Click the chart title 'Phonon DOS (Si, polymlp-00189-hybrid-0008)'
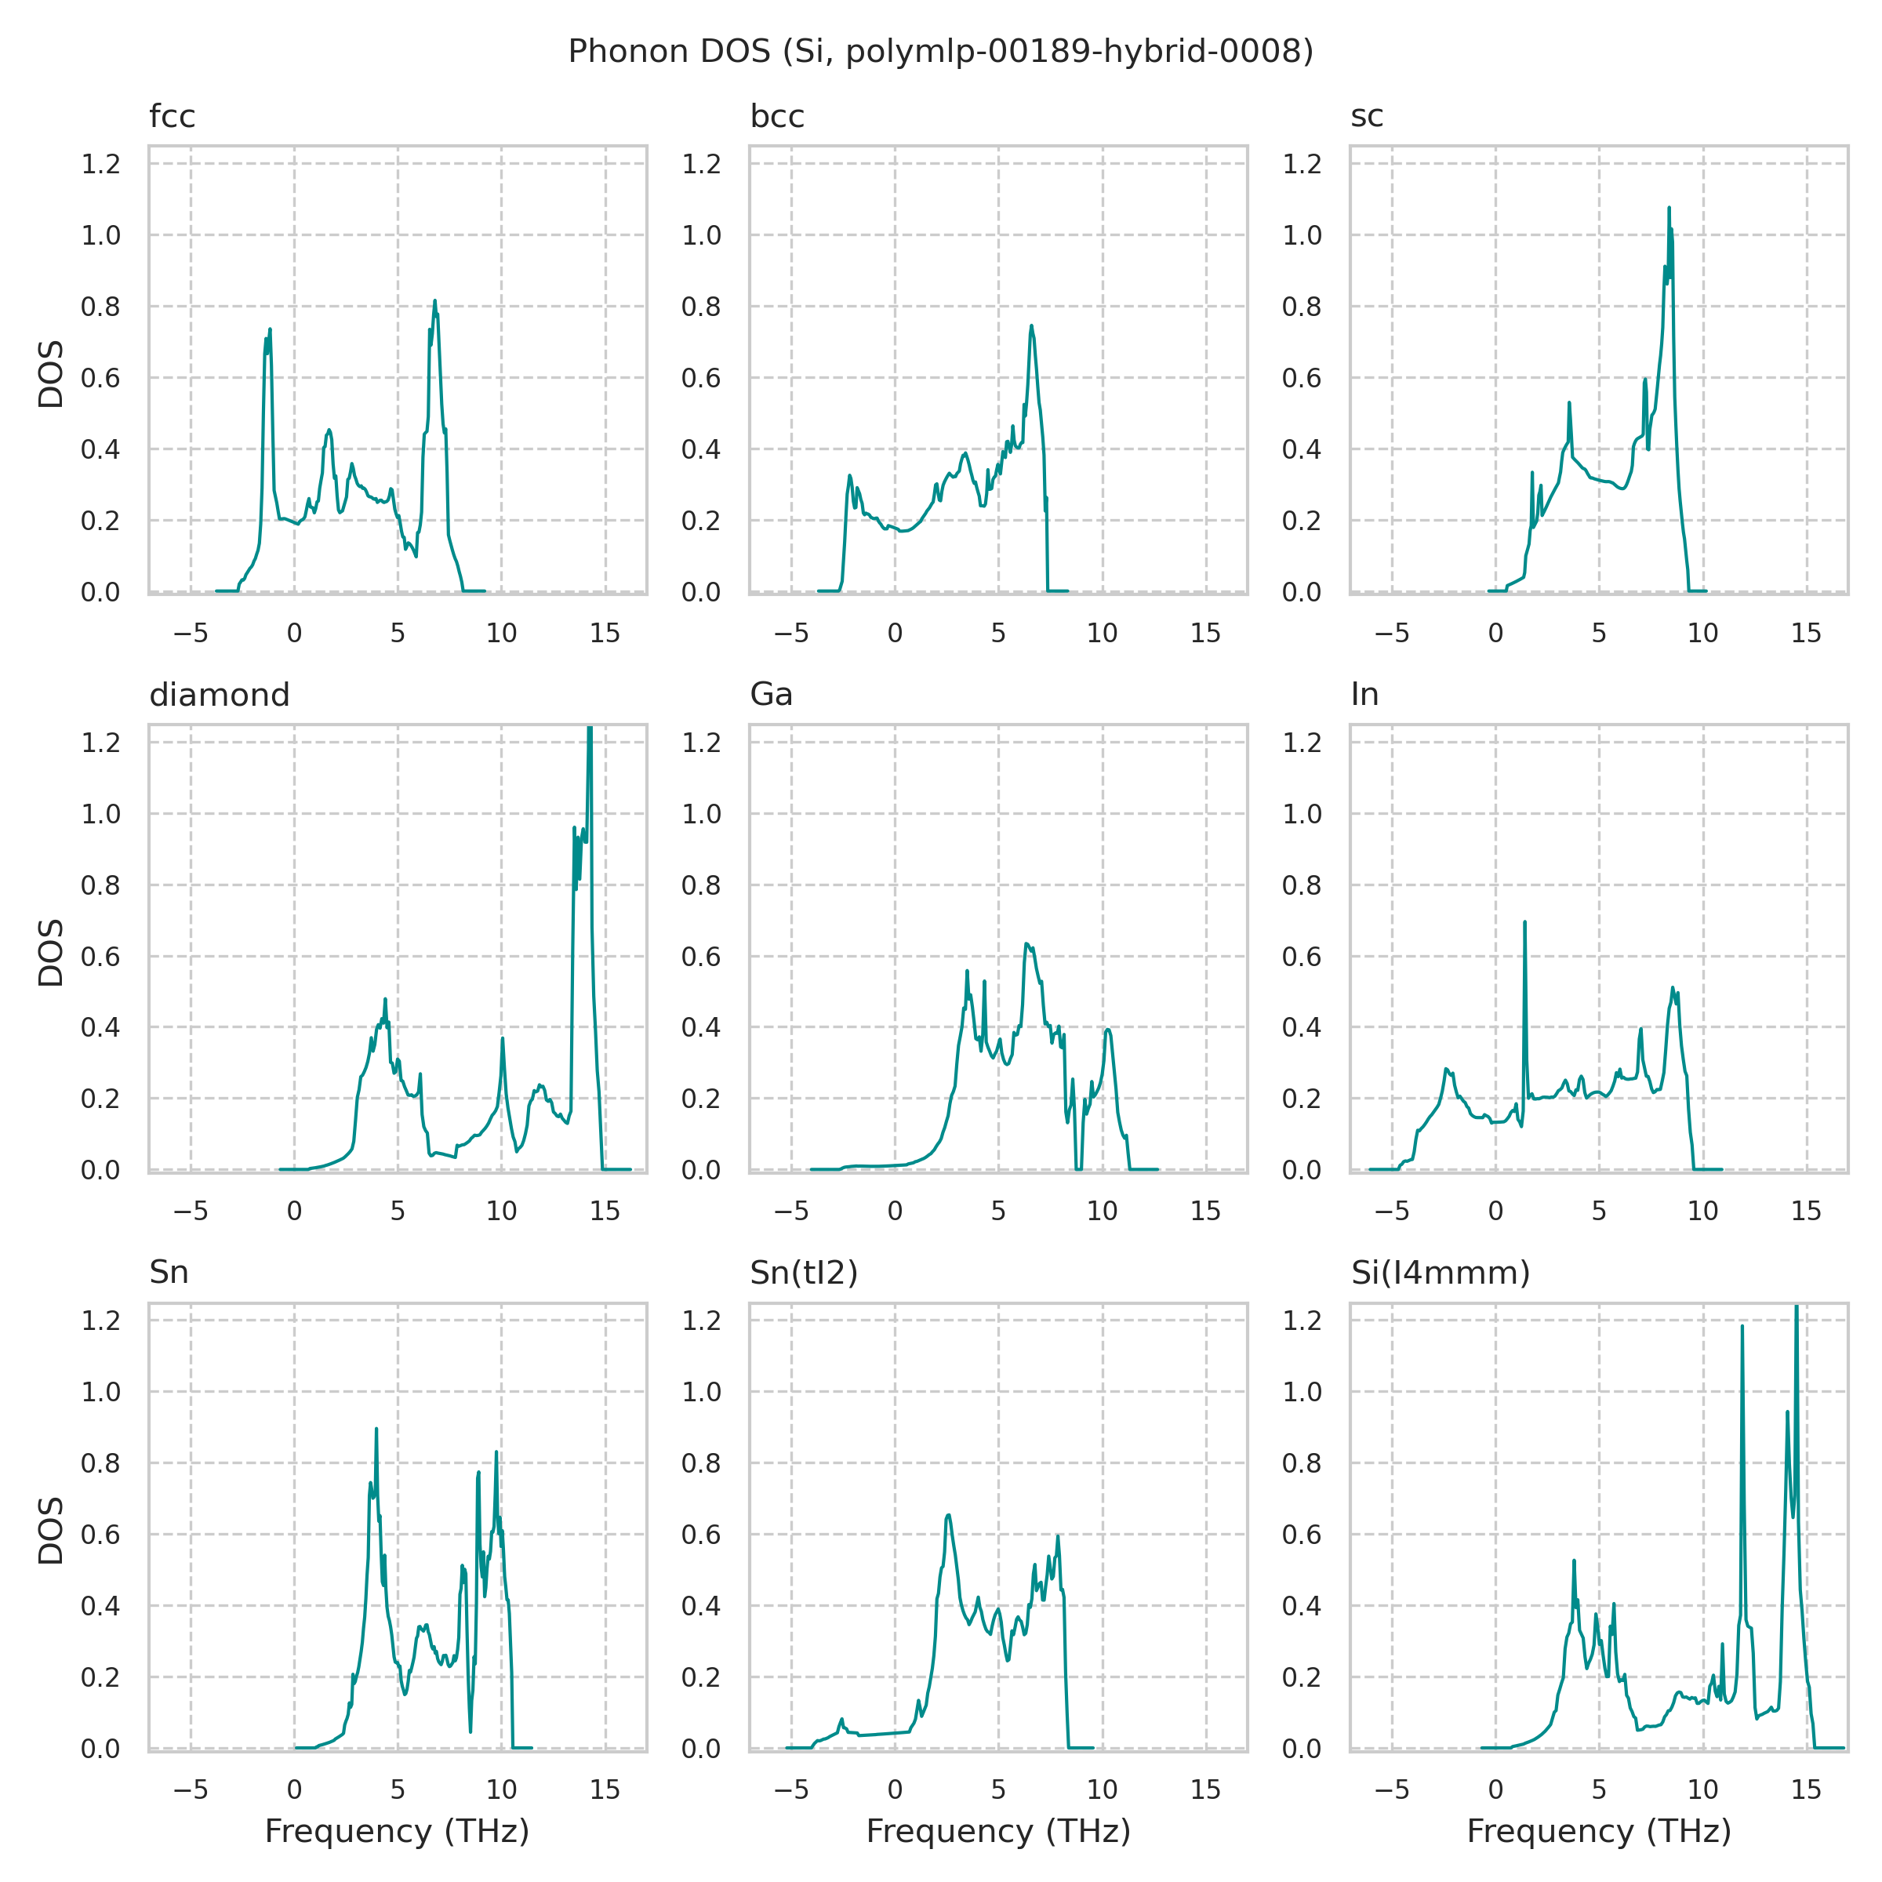tap(940, 52)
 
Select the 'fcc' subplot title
tap(173, 117)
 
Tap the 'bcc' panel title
tap(776, 117)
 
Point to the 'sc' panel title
tap(1367, 117)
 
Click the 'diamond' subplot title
tap(220, 695)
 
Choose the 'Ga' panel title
tap(771, 695)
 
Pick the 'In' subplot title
tap(1364, 695)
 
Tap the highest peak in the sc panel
tap(1669, 209)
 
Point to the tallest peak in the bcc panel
tap(1030, 326)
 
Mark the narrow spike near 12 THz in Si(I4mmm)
tap(1742, 1327)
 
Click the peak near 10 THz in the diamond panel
tap(503, 1038)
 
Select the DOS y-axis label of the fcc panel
tap(51, 374)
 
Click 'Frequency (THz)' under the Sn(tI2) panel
tap(998, 1831)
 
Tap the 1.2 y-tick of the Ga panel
tap(700, 743)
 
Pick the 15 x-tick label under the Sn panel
tap(605, 1789)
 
